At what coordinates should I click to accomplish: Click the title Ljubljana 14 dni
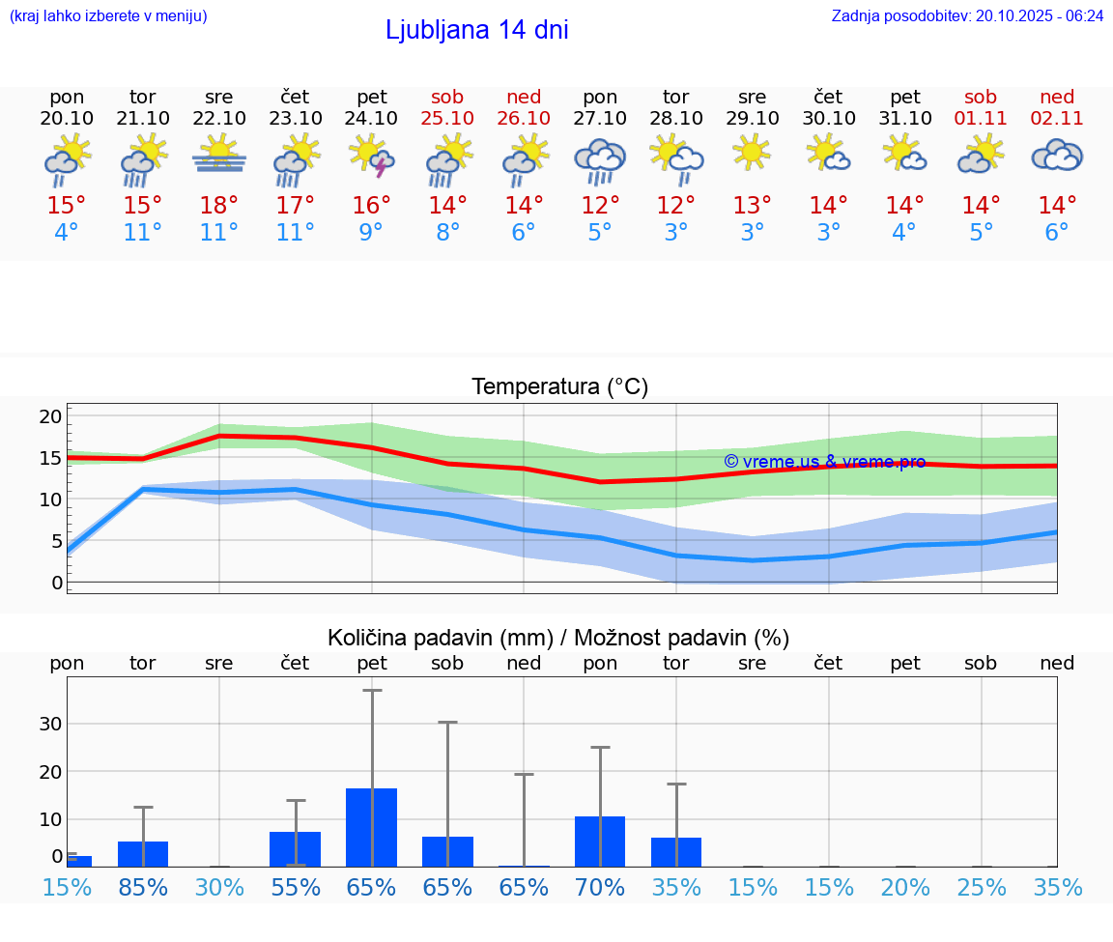click(476, 30)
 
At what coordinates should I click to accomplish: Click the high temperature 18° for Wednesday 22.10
click(219, 205)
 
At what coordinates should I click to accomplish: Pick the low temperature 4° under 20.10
click(67, 233)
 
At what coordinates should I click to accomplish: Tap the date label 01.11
click(981, 118)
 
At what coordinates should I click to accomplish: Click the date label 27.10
click(600, 118)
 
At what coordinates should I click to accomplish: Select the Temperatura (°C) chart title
click(559, 386)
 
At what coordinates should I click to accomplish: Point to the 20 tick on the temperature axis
click(50, 416)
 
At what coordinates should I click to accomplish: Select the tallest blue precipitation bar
click(372, 827)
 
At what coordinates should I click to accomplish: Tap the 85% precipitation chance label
click(143, 887)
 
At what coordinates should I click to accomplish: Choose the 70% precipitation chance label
click(600, 887)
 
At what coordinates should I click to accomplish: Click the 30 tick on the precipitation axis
click(50, 724)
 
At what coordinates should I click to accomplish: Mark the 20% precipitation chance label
click(905, 887)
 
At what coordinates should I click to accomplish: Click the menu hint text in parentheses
click(108, 15)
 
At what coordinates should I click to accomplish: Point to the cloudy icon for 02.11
click(1057, 156)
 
